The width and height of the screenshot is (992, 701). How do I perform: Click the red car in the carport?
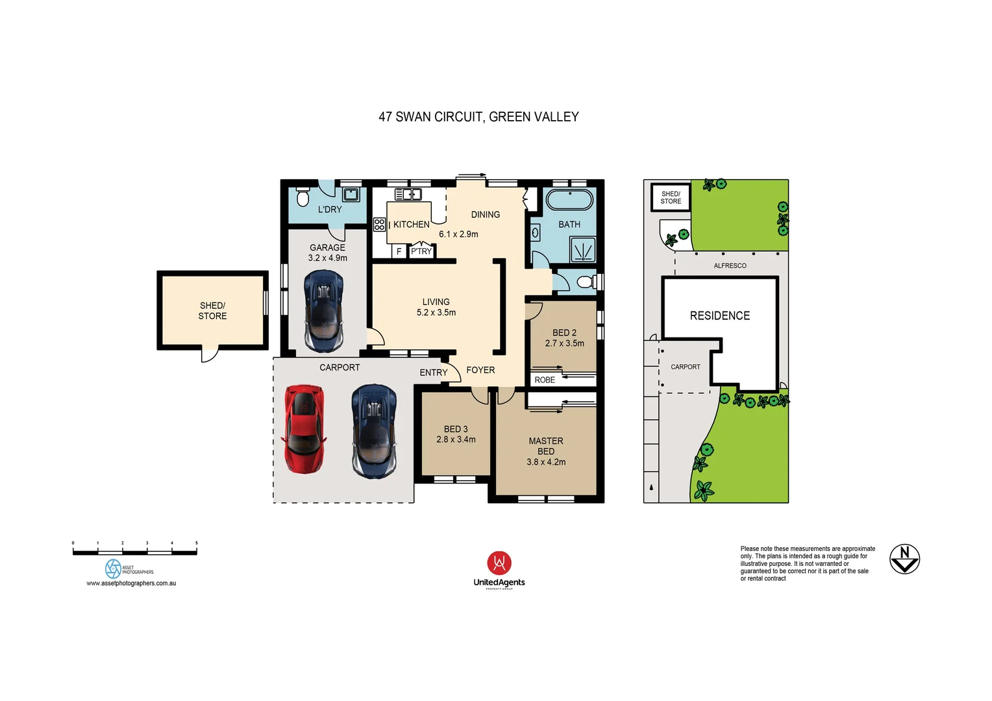(303, 429)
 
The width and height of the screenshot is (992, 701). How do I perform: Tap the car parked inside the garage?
(323, 310)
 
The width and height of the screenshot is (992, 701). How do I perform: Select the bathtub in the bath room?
(569, 199)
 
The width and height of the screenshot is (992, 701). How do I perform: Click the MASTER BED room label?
(545, 446)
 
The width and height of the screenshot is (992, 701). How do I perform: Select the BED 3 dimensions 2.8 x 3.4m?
(456, 439)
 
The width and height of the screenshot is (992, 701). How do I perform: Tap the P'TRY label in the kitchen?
(421, 251)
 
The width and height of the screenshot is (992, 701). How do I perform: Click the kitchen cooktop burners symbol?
(380, 225)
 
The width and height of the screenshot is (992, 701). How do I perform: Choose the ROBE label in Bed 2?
(545, 380)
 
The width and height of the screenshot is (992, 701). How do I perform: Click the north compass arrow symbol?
(904, 559)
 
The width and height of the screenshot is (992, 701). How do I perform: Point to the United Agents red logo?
(499, 563)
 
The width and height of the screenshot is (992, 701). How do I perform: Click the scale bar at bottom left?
(134, 552)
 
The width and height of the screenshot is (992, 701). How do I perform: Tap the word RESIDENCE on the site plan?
(719, 315)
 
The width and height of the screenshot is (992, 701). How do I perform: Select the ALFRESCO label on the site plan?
(730, 265)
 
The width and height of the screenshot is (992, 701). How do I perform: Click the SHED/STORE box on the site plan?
(671, 197)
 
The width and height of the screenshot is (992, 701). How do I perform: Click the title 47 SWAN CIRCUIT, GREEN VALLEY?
(478, 117)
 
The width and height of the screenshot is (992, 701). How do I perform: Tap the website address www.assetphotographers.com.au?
(131, 583)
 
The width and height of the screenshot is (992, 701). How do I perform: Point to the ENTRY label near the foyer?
(433, 373)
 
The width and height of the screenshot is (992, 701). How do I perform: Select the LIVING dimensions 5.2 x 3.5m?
(436, 312)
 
